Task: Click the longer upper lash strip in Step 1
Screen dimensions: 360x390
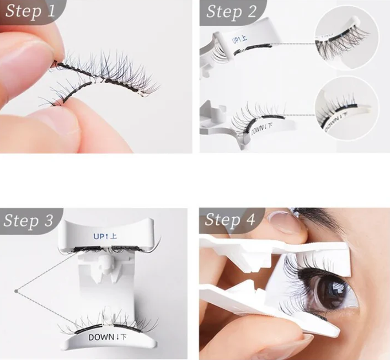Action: (x=110, y=77)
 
